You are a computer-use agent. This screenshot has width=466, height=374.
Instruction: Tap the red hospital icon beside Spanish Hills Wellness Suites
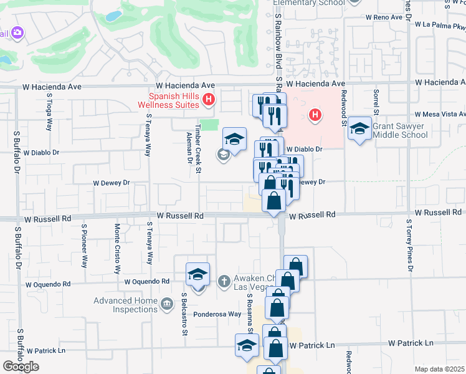point(209,99)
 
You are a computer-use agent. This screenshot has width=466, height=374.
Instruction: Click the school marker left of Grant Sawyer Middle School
point(360,128)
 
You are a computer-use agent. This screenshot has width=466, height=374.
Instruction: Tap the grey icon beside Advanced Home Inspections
point(166,305)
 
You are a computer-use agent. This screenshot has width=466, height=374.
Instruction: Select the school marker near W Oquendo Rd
point(197,274)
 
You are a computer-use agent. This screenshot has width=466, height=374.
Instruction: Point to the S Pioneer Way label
point(83,249)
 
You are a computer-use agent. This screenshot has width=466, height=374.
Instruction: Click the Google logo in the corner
point(21,366)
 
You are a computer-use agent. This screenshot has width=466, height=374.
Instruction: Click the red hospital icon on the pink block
point(316,115)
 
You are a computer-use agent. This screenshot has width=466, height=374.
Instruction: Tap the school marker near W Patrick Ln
point(247,345)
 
